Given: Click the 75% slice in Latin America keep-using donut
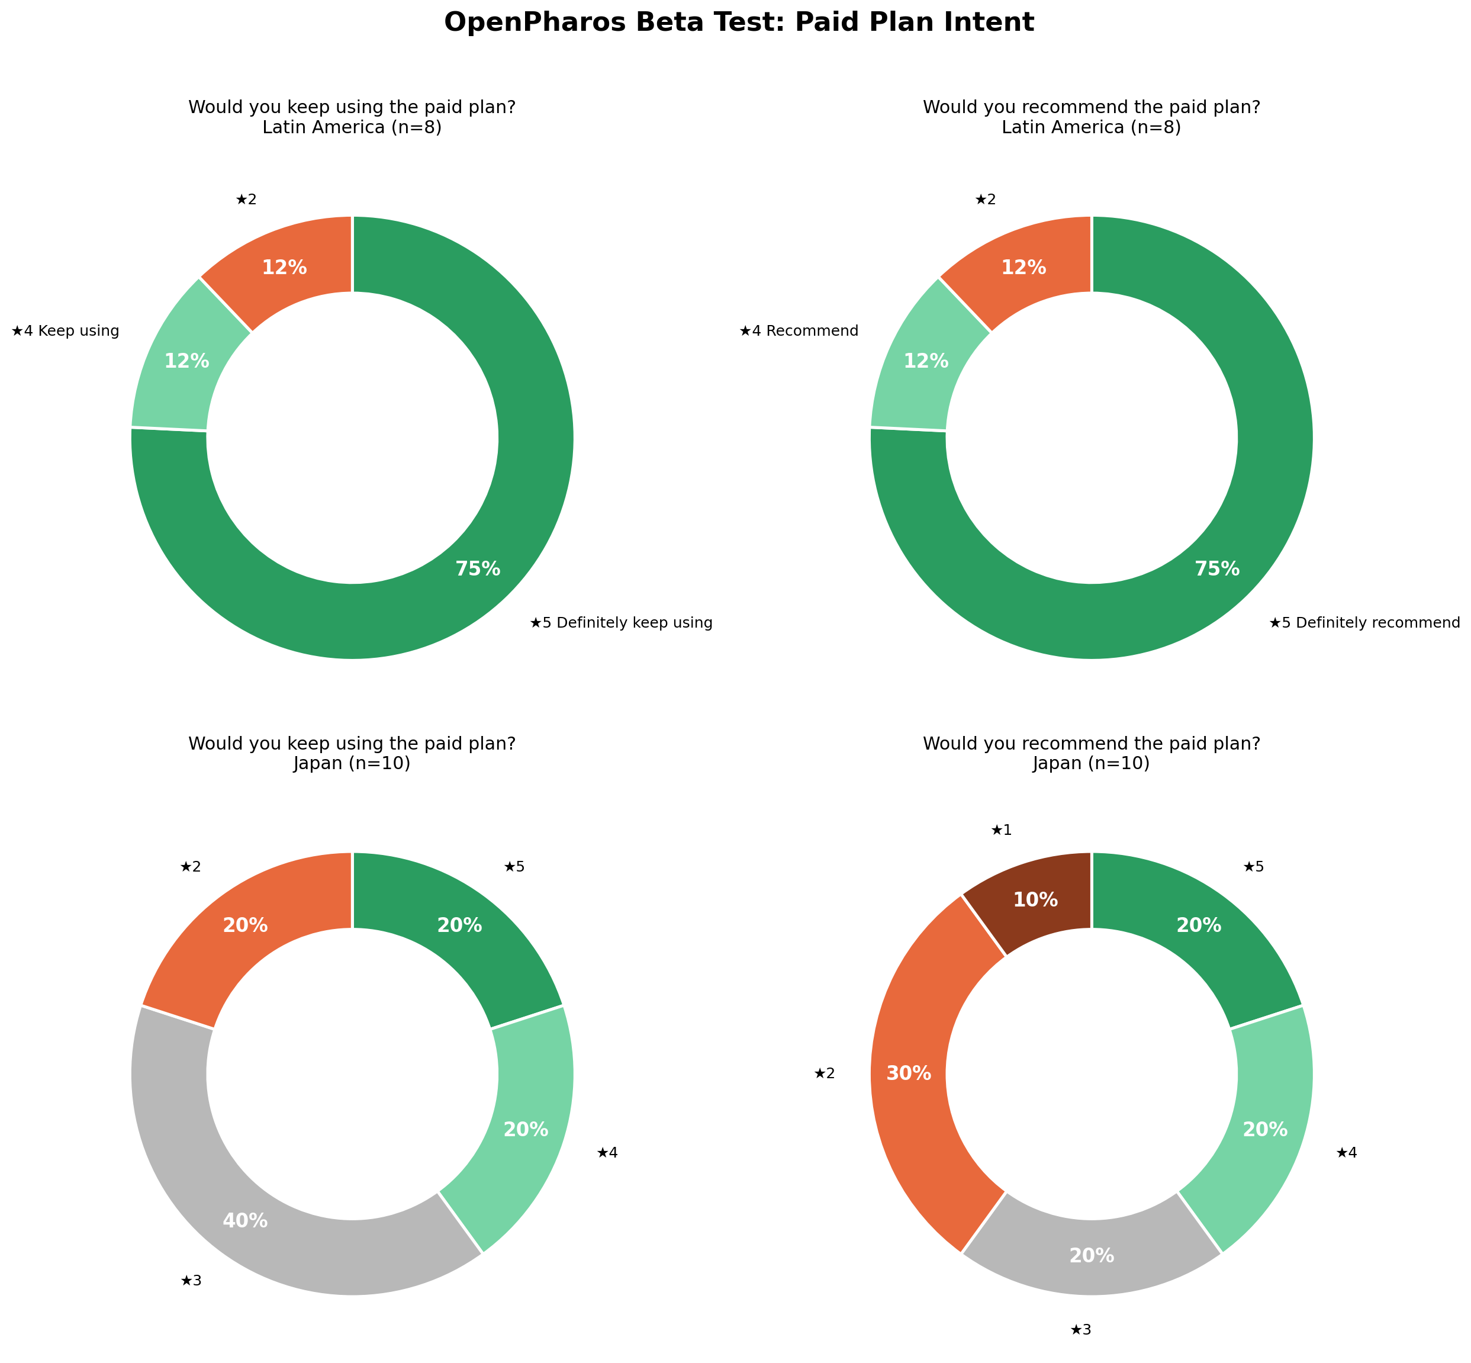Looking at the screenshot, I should [x=413, y=605].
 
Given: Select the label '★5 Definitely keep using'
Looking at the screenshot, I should [x=621, y=623].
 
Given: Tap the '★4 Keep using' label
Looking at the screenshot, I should [x=66, y=331].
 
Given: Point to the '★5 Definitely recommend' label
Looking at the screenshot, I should [x=1364, y=623].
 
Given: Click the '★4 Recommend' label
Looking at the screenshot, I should [x=799, y=331].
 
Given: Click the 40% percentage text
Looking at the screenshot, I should [x=245, y=1221].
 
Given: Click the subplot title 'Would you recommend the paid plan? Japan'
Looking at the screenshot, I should [x=1092, y=754].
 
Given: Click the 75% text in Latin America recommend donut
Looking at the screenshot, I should [x=1216, y=568].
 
